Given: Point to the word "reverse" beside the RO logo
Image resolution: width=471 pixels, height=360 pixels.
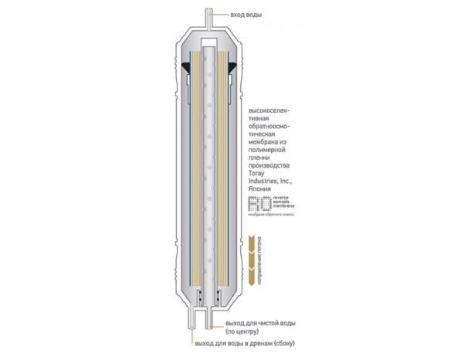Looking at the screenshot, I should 276,199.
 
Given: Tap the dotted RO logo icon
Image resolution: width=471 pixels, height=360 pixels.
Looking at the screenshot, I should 256,204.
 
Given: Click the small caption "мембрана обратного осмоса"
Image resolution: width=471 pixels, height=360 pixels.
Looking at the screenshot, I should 273,217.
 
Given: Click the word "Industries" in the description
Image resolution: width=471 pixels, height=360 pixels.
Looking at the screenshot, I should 265,182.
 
